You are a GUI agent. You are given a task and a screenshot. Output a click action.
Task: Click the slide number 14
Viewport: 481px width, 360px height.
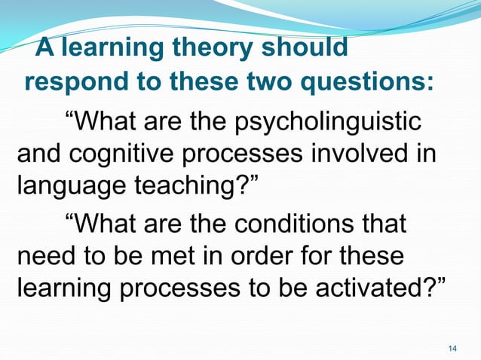tap(452, 347)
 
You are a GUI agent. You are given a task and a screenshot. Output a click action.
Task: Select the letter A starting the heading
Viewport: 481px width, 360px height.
tap(45, 49)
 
